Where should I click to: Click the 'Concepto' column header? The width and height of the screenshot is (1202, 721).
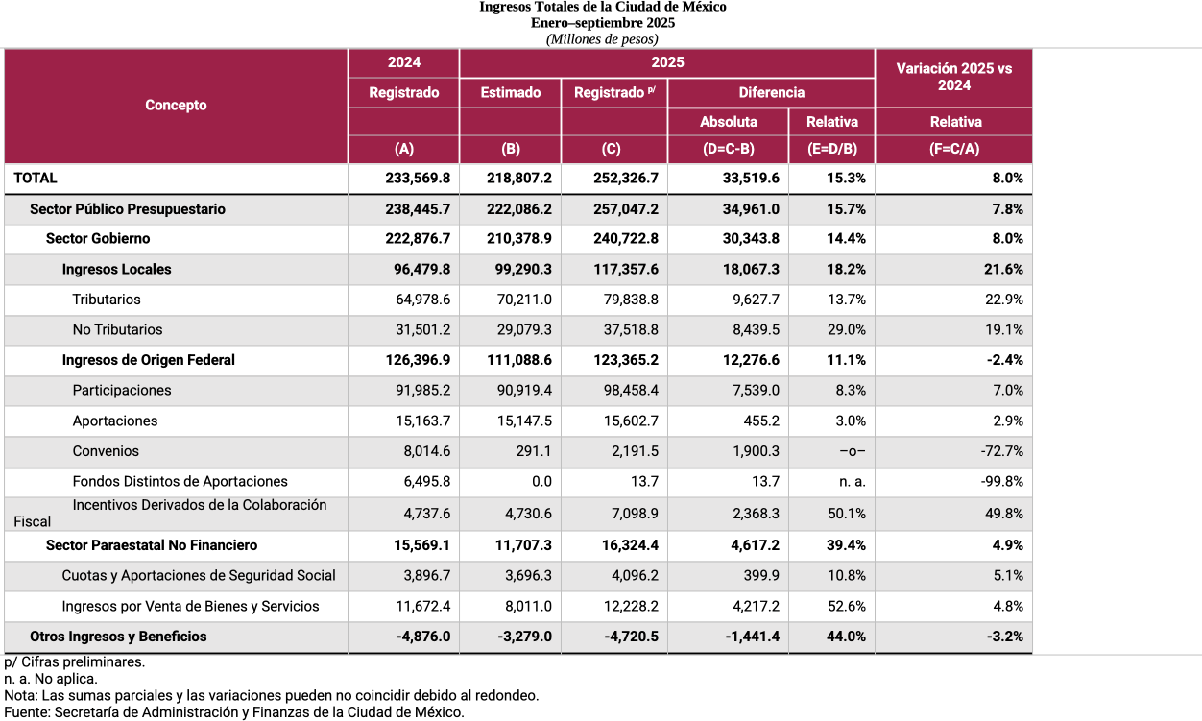(x=176, y=106)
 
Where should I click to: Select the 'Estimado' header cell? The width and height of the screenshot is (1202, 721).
(x=510, y=93)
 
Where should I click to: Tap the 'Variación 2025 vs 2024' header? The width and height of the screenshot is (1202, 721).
(x=953, y=77)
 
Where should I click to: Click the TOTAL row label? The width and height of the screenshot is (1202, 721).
(x=36, y=179)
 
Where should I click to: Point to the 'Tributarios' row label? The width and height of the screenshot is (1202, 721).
(x=107, y=300)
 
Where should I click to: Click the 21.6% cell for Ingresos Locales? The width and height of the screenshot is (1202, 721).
(x=1003, y=270)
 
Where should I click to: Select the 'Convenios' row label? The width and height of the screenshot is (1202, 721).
(x=106, y=451)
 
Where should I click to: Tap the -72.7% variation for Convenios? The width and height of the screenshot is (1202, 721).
(x=1002, y=451)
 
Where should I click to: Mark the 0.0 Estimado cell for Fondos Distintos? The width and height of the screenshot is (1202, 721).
(x=541, y=482)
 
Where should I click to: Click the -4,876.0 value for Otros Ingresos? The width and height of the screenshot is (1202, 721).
(x=423, y=637)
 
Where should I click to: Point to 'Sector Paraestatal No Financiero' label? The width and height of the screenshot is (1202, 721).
(x=152, y=545)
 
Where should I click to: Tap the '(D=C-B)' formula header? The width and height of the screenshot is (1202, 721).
(x=728, y=150)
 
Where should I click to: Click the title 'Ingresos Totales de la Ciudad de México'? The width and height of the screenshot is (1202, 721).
(x=602, y=7)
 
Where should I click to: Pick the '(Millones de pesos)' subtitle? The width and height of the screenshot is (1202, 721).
(x=602, y=39)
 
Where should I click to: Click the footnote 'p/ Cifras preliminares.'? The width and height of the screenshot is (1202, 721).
(x=75, y=662)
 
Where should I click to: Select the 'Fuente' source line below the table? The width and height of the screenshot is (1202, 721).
(x=234, y=712)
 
